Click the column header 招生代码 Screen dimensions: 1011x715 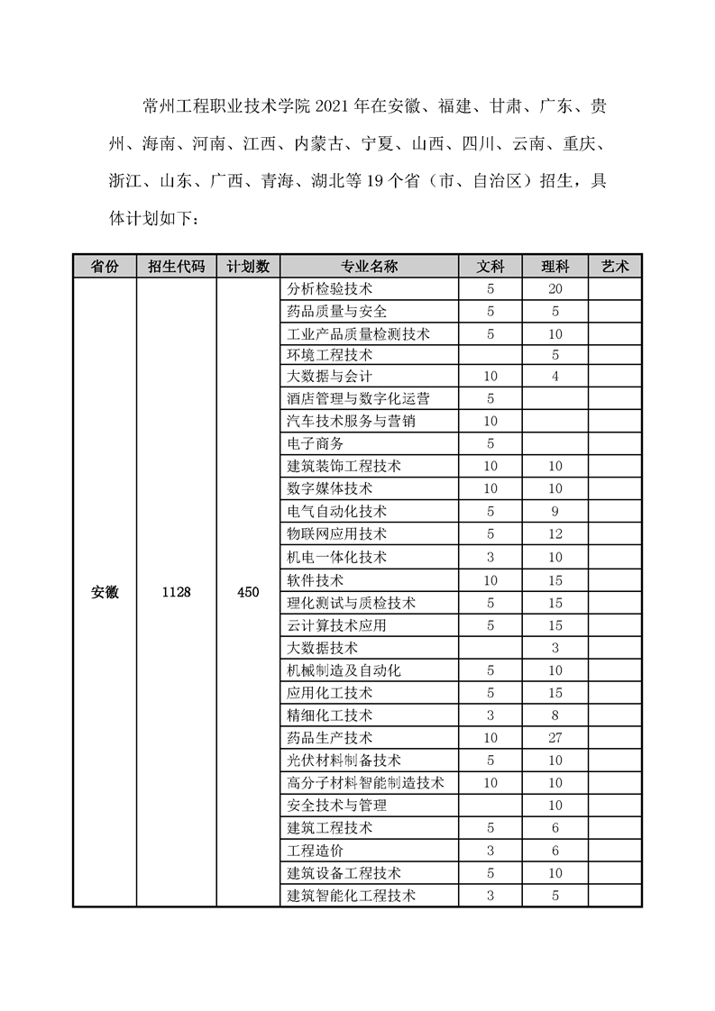point(176,267)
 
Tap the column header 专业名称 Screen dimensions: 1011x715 point(369,267)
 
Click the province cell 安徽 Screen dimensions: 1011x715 point(105,593)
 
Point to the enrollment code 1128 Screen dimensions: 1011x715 point(176,593)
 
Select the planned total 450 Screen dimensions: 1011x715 point(248,593)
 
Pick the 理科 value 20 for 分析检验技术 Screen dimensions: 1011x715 point(555,289)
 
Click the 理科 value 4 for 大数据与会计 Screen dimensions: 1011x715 point(555,377)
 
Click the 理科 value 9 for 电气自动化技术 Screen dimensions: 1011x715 point(555,512)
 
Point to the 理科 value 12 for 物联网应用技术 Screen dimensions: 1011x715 point(555,534)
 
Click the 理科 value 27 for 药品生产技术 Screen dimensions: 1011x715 point(555,738)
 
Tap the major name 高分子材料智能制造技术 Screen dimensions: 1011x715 point(365,783)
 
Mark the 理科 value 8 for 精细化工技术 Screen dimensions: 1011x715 point(555,715)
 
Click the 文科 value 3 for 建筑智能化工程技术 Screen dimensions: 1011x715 point(490,896)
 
